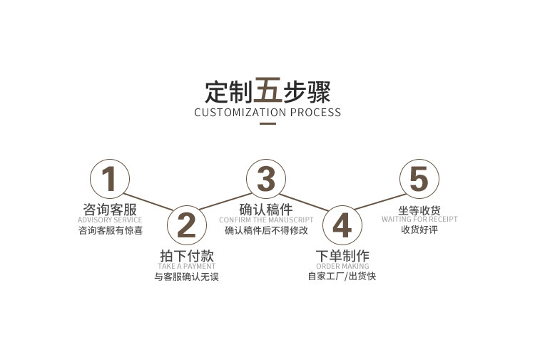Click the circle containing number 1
click(109, 178)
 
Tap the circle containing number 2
click(186, 225)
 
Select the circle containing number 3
click(266, 178)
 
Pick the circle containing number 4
click(342, 225)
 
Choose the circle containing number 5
click(419, 178)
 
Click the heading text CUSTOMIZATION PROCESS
click(267, 112)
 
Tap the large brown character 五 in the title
click(267, 91)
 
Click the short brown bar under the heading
click(267, 124)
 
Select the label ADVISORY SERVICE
click(110, 220)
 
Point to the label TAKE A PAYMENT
click(186, 267)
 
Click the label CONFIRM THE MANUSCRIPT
click(266, 220)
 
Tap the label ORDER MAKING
click(342, 267)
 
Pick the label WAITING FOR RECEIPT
click(419, 220)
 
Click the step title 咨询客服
click(110, 209)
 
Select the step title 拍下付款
click(186, 256)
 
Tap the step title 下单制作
click(342, 256)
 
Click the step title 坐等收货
click(419, 210)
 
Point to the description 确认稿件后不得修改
click(266, 230)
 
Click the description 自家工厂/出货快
click(342, 277)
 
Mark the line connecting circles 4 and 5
click(380, 202)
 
